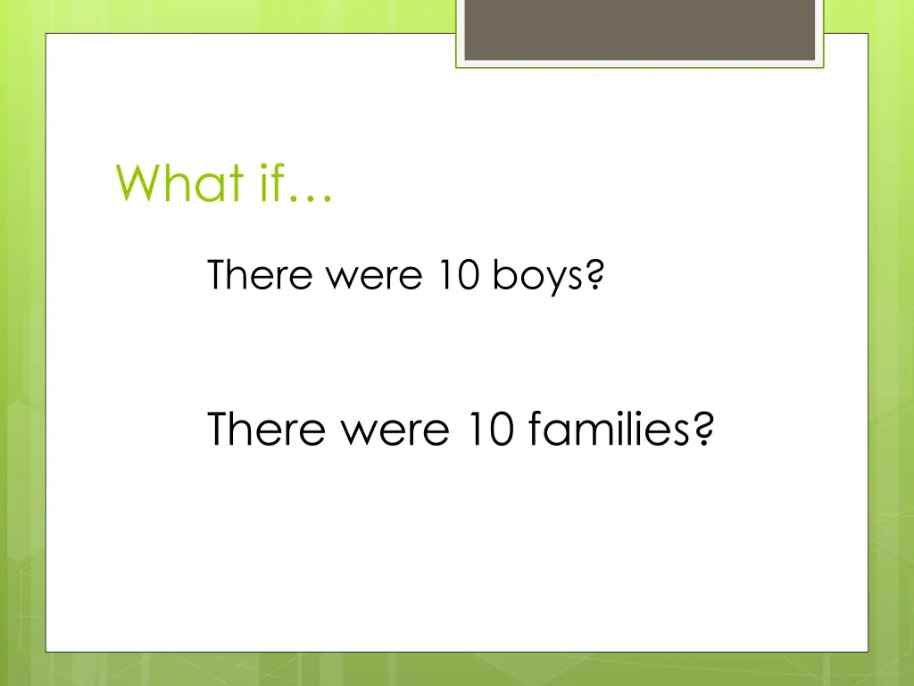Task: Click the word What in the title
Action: coord(179,182)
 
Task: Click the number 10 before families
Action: coord(488,430)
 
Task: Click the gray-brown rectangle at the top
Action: coord(640,29)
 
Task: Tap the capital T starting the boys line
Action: coord(217,275)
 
